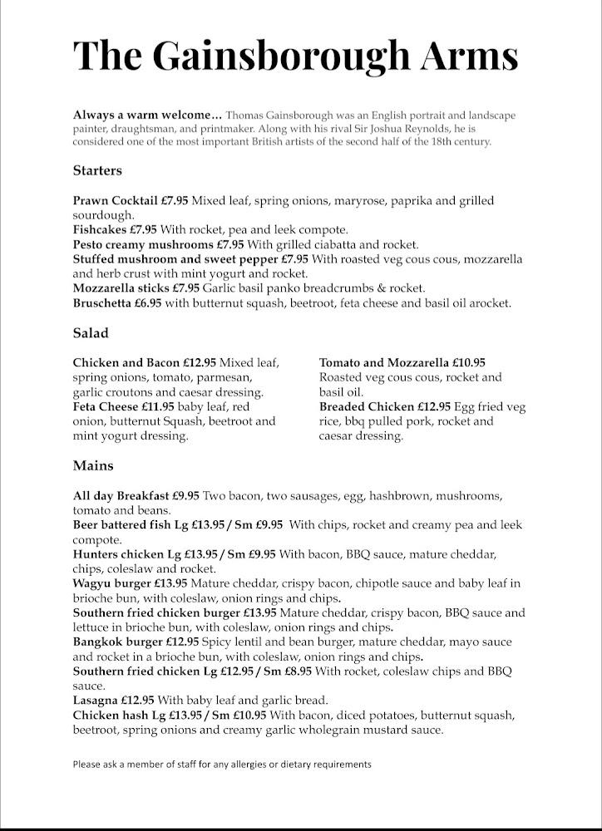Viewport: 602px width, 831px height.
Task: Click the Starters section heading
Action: [x=97, y=170]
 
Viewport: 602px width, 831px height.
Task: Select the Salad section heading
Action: [x=91, y=333]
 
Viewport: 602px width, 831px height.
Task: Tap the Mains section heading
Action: [x=93, y=465]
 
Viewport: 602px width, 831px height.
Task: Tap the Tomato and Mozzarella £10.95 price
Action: [x=469, y=362]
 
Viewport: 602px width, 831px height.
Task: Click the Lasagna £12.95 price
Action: [x=137, y=701]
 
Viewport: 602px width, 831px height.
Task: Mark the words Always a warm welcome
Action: [x=147, y=115]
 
